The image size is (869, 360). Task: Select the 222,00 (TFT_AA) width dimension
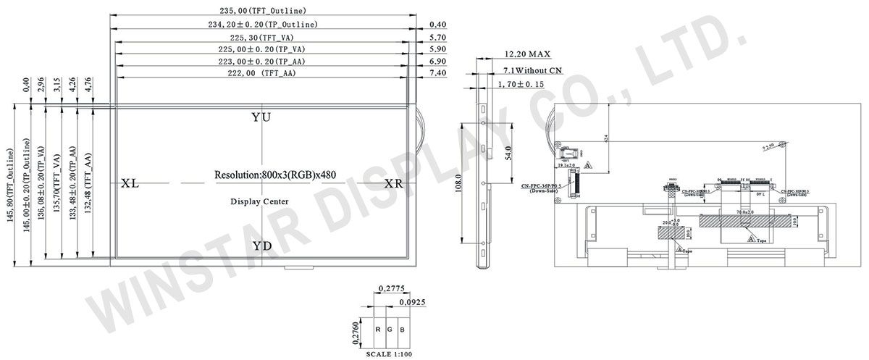[x=263, y=73]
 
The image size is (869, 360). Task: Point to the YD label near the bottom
[x=262, y=246]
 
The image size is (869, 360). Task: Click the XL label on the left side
[x=130, y=184]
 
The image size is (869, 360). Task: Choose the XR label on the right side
[x=393, y=184]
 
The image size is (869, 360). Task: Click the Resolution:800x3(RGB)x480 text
[x=277, y=175]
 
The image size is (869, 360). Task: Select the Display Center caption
[x=260, y=201]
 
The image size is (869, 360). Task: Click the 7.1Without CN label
[x=532, y=70]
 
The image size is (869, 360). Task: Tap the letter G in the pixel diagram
[x=390, y=330]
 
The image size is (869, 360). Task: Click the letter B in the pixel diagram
[x=402, y=330]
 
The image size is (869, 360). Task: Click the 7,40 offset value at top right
[x=437, y=73]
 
